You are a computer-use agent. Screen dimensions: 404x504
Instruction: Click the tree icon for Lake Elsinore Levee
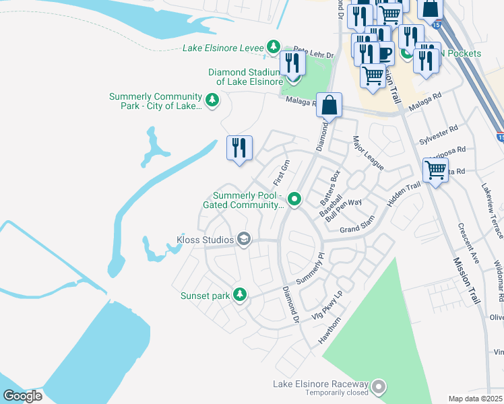(273, 47)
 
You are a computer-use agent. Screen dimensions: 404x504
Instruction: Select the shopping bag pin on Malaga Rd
(329, 106)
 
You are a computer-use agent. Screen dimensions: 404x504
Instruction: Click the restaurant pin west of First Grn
(239, 149)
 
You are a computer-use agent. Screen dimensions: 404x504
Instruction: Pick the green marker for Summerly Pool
(294, 199)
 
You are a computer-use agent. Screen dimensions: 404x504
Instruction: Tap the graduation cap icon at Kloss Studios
(244, 239)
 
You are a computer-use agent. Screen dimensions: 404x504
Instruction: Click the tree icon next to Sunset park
(239, 295)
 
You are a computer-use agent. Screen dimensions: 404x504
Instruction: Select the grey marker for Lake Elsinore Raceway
(379, 386)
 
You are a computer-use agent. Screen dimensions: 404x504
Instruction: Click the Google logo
(22, 396)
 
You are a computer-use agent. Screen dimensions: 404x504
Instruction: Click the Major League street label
(368, 154)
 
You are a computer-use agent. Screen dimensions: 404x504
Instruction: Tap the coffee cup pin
(385, 53)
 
